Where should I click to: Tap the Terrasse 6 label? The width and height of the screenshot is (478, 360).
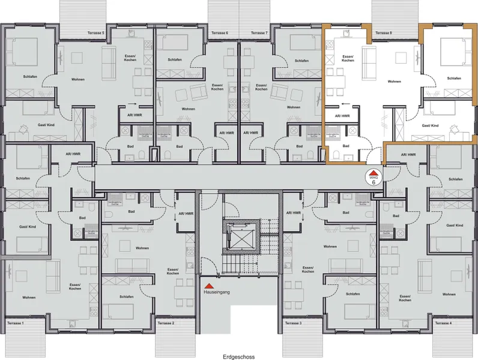point(219,32)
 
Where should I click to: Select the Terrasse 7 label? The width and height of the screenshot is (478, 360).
point(259,32)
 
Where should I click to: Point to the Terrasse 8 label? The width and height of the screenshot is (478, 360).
point(383,32)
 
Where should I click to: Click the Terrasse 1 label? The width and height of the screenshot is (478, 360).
point(16,323)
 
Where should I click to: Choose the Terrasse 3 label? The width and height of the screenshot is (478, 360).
point(292,323)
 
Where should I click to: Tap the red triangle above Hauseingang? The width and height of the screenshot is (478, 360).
point(207,286)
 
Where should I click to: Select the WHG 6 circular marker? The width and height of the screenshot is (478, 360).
point(373,178)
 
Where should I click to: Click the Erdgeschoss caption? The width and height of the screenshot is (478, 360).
point(238,356)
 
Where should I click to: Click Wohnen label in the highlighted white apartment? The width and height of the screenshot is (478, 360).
point(394,82)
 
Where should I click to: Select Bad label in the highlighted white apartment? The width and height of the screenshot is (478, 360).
point(345,146)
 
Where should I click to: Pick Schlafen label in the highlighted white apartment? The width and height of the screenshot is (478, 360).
point(454,79)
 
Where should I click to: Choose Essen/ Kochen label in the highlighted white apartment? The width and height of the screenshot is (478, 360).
point(347,59)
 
